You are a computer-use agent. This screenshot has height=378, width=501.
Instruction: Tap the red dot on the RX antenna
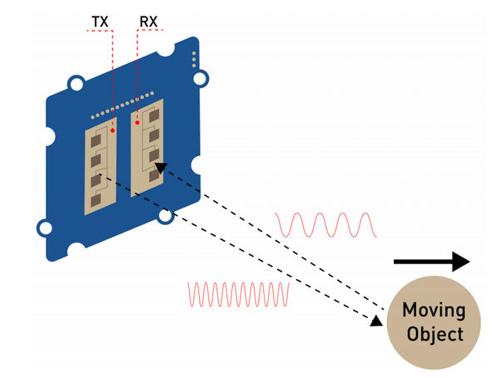[138, 122]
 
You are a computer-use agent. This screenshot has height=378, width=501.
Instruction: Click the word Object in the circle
[432, 335]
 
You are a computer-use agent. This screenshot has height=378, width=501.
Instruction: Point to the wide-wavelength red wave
[326, 223]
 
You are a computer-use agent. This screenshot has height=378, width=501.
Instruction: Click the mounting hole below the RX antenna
[165, 216]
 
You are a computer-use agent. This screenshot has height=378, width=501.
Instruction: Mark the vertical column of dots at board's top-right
[193, 61]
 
